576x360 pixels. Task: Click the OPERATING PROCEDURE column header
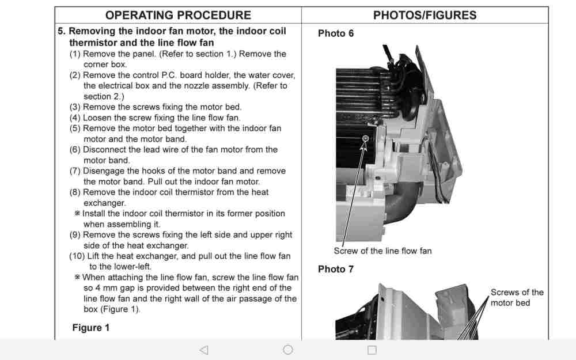178,16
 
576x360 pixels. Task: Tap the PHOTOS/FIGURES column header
425,16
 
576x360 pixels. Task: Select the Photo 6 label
336,33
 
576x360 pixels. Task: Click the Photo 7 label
336,269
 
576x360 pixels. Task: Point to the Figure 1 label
90,328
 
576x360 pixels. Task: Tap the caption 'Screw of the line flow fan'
382,251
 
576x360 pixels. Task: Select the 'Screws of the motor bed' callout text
517,297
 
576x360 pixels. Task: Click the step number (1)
75,54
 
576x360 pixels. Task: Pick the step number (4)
75,118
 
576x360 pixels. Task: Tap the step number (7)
75,171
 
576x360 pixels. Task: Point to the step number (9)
75,235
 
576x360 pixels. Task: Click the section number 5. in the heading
62,32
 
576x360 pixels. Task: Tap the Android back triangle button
203,350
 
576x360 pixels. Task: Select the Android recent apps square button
372,350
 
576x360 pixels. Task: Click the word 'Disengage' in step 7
104,171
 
